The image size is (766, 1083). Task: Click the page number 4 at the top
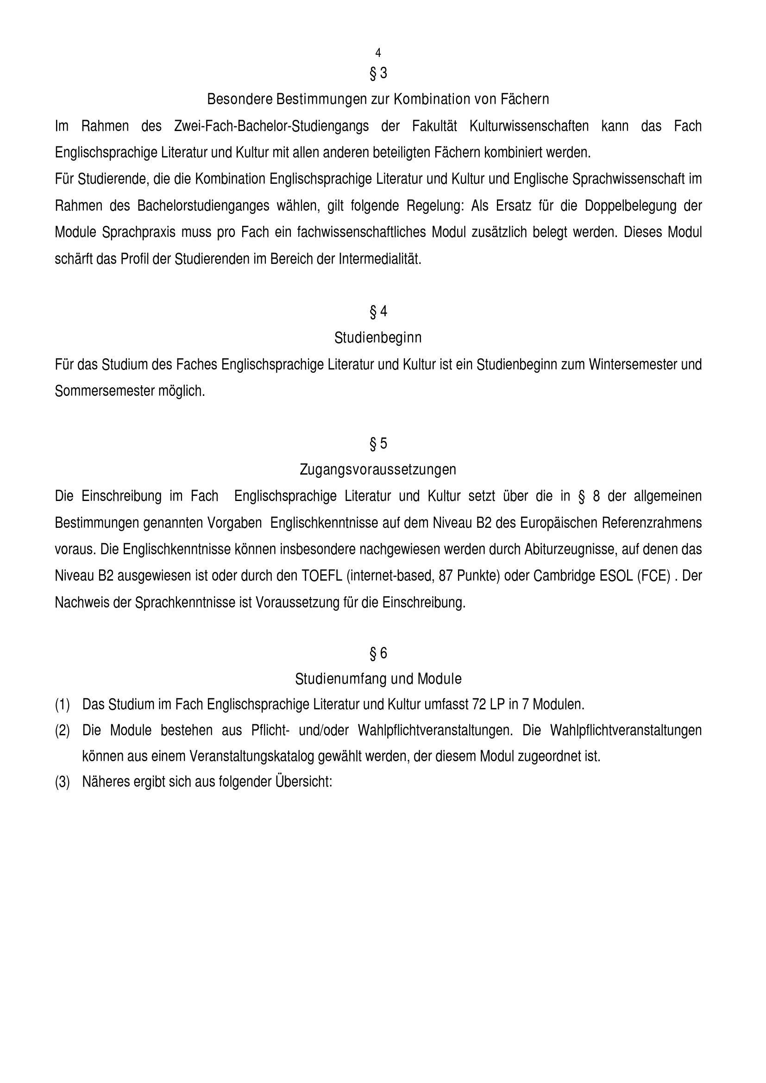click(378, 53)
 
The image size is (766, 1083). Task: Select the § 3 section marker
click(378, 73)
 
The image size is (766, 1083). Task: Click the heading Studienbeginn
click(378, 338)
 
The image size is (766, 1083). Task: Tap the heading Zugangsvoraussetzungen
click(378, 470)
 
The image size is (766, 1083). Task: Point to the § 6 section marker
click(378, 653)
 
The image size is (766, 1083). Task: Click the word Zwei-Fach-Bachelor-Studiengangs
click(271, 126)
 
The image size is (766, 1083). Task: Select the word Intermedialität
click(380, 259)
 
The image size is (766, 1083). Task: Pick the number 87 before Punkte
click(446, 576)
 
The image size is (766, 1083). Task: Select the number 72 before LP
click(479, 704)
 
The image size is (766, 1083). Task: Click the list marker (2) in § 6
click(62, 731)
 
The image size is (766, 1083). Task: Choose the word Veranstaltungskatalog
click(252, 756)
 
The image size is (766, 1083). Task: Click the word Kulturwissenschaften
click(529, 126)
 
